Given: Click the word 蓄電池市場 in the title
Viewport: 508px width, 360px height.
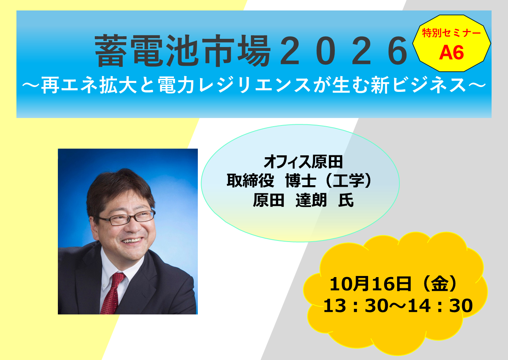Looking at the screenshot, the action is (183, 51).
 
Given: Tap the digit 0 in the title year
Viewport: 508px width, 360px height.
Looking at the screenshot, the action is (325, 51).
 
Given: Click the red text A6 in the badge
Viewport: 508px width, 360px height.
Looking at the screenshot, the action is (451, 52).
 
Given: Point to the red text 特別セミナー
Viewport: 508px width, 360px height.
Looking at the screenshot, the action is (451, 33).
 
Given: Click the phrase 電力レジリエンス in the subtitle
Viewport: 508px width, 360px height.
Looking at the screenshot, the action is (235, 85).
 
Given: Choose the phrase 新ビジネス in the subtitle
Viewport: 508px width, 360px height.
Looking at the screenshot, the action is (418, 85).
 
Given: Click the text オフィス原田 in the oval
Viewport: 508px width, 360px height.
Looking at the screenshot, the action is (303, 162).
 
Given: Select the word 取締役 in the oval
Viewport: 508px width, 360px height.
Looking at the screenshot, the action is (250, 181).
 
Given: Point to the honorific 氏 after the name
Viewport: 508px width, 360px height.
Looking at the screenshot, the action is (346, 200).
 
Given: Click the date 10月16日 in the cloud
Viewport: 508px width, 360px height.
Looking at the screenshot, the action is (370, 284).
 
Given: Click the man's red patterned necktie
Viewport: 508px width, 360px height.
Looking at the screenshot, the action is (112, 293).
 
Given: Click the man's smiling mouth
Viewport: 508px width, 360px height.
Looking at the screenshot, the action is (132, 240).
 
